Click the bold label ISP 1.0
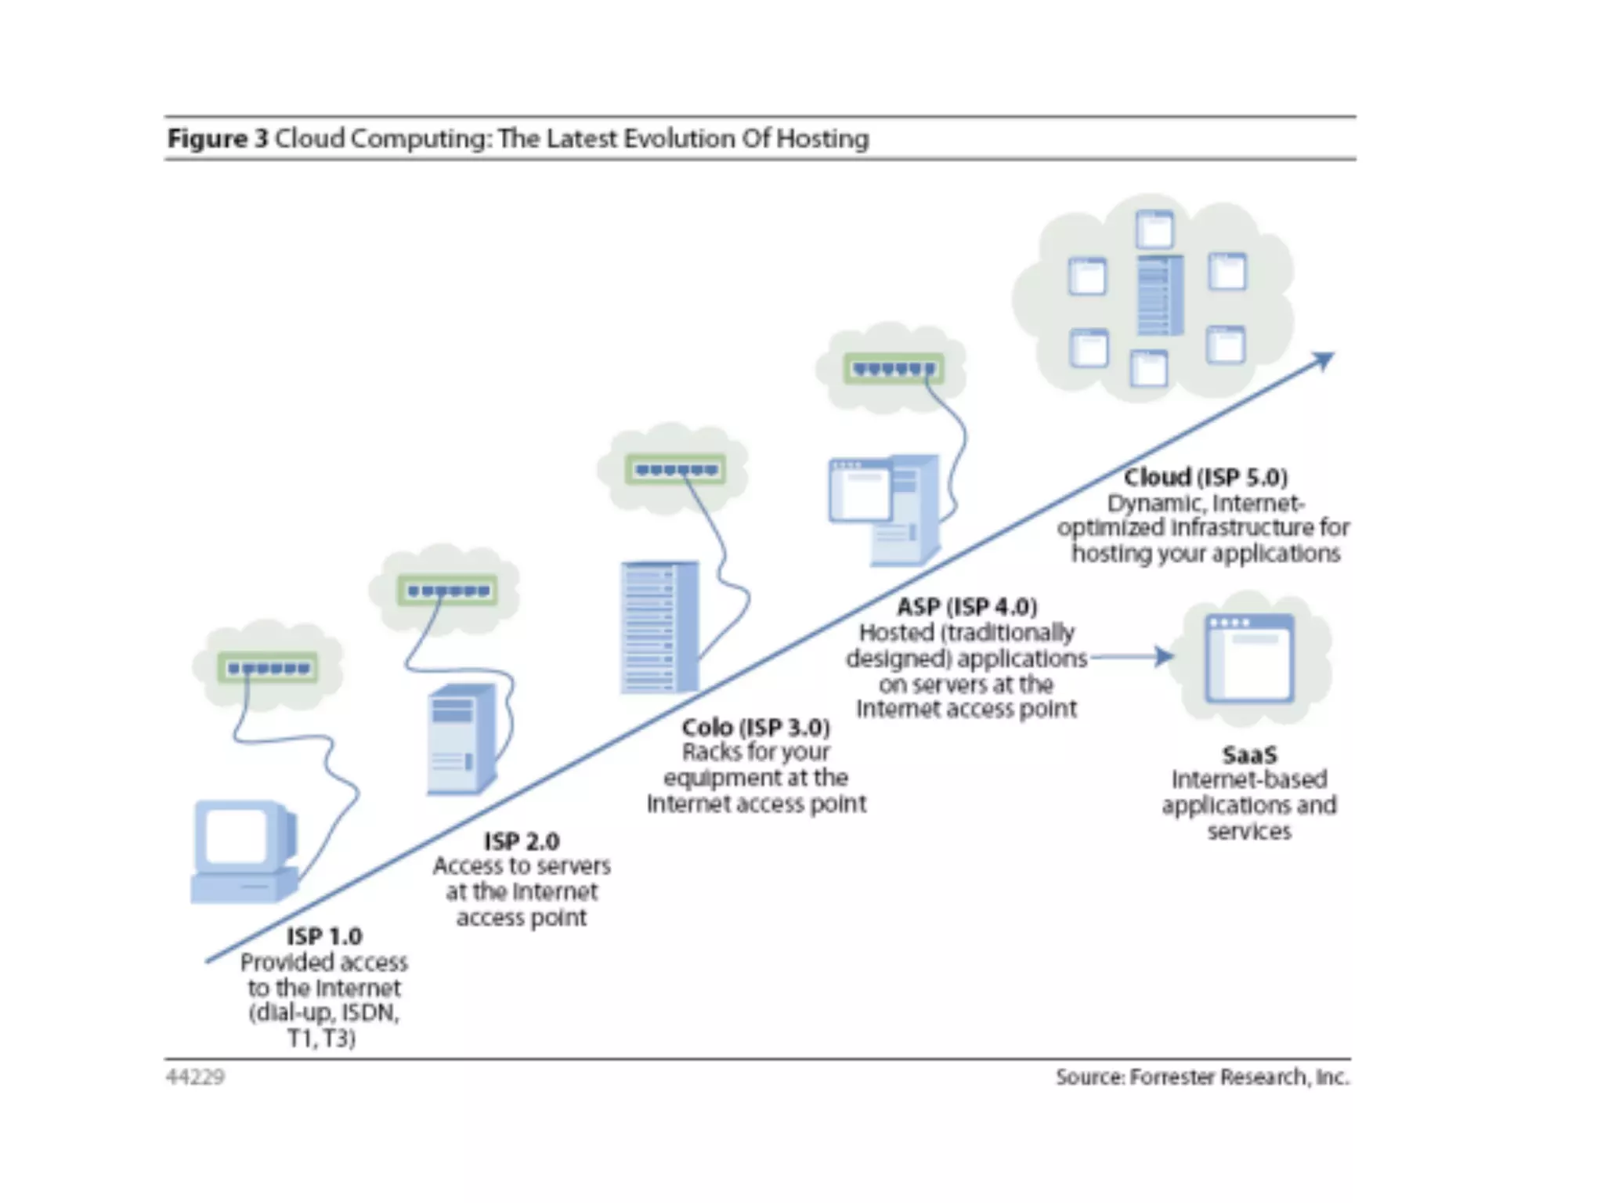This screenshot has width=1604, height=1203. [x=323, y=936]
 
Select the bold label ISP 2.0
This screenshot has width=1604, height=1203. [x=522, y=841]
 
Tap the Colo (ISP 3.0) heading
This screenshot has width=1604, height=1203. [x=755, y=727]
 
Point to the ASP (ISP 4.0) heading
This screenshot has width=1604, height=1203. [x=966, y=606]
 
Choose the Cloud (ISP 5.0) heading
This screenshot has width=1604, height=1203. [x=1205, y=477]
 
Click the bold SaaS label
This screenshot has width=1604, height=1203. [x=1249, y=755]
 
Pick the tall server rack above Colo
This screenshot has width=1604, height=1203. [x=659, y=627]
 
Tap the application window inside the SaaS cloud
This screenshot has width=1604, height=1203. [x=1249, y=658]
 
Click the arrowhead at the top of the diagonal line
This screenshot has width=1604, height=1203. [x=1324, y=361]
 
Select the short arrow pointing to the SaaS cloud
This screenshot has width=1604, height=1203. [x=1133, y=657]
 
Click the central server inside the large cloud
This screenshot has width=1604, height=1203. [x=1159, y=295]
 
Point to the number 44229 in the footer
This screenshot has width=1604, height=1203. [x=195, y=1077]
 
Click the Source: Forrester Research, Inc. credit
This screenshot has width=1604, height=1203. [x=1202, y=1077]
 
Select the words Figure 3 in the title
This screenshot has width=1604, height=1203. [x=218, y=139]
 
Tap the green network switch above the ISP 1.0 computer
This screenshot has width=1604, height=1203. [x=268, y=668]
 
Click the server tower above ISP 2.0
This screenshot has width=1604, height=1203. [x=462, y=738]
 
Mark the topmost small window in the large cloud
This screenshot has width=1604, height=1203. [x=1154, y=229]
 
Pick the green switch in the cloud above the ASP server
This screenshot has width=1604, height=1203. [x=893, y=368]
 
